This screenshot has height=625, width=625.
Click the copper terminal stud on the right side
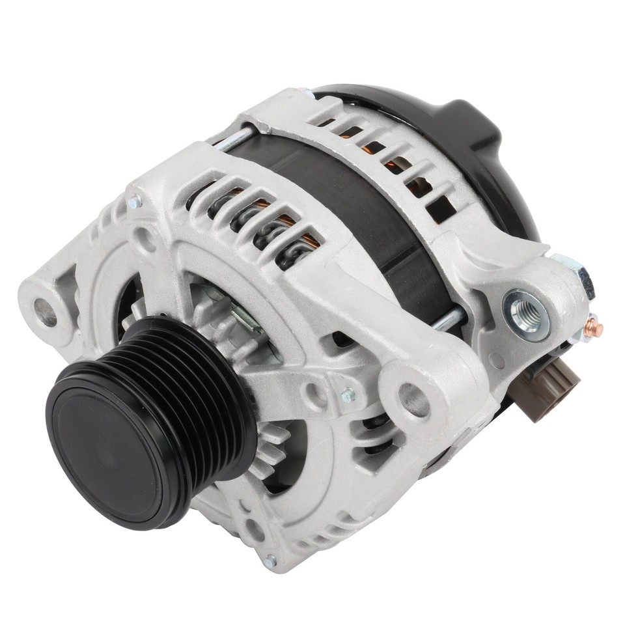tap(594, 327)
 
